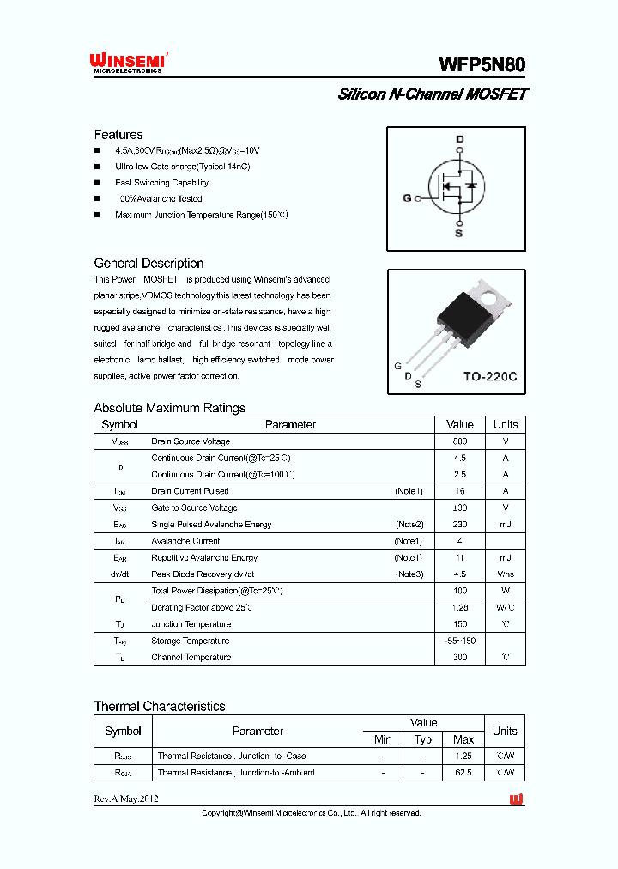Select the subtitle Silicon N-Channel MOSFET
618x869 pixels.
(432, 94)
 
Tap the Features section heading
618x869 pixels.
(118, 135)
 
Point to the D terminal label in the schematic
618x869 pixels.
(459, 139)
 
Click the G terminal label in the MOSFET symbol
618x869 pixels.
(407, 198)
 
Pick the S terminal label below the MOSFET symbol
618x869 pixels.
(458, 233)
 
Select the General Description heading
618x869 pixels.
(148, 264)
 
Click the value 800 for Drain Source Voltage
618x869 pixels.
(460, 441)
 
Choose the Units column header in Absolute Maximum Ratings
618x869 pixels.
(506, 424)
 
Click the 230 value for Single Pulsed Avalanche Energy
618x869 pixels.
(460, 524)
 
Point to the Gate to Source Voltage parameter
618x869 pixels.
(191, 507)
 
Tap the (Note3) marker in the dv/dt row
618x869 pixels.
(409, 574)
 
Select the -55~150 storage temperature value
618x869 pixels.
(460, 641)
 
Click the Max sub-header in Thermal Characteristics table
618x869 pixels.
(463, 739)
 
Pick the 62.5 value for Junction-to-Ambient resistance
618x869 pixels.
(463, 772)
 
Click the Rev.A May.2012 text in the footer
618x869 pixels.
(126, 799)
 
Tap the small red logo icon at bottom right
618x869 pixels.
(516, 799)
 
